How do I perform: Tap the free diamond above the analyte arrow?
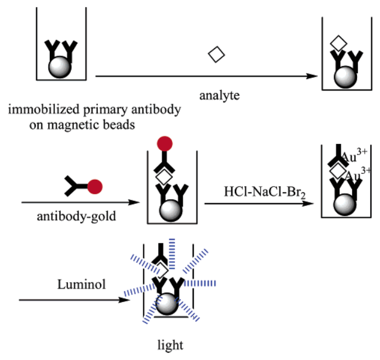click(x=217, y=54)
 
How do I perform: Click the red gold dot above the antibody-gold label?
click(x=95, y=187)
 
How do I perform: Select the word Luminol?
click(x=74, y=284)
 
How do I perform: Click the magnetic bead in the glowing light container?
click(x=168, y=304)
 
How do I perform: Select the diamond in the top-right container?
click(x=338, y=43)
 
